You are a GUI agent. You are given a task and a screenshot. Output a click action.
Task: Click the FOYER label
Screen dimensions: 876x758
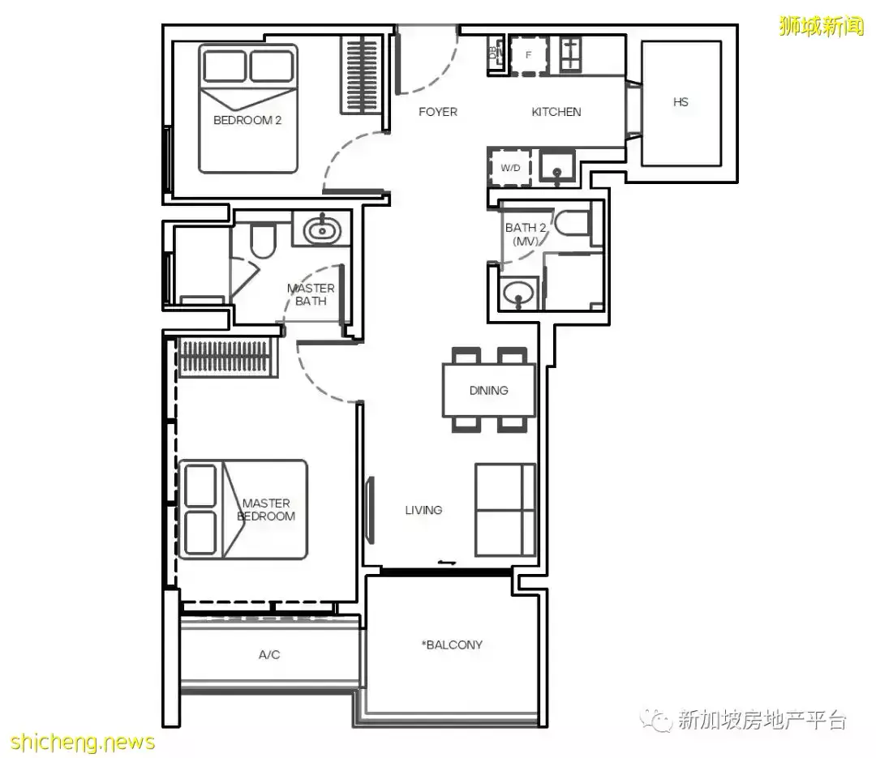tap(438, 112)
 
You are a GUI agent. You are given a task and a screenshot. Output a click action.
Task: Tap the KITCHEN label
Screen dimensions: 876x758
tap(556, 112)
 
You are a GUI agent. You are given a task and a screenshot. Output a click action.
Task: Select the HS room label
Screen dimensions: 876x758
tap(681, 101)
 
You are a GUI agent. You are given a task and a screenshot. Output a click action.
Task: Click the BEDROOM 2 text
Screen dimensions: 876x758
tap(247, 120)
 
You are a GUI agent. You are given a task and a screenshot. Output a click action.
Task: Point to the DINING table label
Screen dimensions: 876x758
tap(489, 391)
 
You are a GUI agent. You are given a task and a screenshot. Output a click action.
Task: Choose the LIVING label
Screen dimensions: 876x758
tap(423, 510)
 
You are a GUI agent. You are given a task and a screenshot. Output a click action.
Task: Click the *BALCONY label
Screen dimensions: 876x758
tap(452, 645)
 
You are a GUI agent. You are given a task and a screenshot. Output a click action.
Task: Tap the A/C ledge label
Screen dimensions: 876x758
tap(269, 655)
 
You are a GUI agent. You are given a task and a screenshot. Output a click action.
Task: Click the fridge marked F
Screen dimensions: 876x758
tap(529, 55)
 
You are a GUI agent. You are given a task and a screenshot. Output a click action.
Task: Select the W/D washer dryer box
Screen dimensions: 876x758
tap(509, 167)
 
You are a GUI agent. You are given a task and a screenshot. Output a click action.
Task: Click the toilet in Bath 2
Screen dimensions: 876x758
tap(572, 222)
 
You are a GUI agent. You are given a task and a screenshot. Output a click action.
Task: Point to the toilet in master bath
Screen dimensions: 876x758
tap(262, 240)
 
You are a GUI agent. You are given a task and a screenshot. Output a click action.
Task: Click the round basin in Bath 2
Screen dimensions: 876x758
tap(519, 292)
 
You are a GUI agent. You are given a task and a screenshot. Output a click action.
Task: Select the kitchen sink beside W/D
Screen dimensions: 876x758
tap(556, 166)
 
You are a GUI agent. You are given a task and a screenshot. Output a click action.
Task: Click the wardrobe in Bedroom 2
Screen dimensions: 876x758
tap(362, 75)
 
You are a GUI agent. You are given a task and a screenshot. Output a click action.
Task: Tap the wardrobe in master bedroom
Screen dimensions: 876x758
tap(228, 357)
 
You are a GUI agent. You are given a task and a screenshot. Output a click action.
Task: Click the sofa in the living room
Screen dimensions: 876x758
tap(505, 509)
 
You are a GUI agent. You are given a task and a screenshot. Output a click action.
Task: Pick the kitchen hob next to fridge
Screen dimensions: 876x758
tap(570, 54)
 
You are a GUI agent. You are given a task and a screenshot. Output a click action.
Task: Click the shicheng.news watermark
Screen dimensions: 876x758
tap(83, 742)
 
